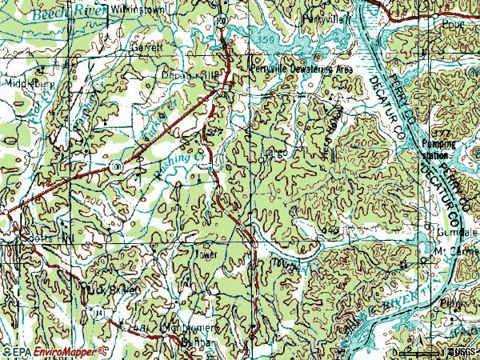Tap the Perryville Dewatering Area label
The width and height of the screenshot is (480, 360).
[x=300, y=70]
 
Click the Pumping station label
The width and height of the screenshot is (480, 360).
[x=439, y=149]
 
